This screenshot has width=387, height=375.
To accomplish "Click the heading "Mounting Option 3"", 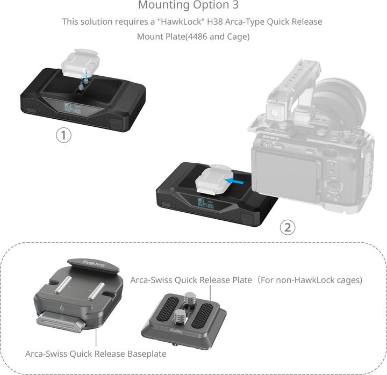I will pyautogui.click(x=189, y=5).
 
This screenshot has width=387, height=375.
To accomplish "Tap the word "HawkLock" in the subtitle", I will pyautogui.click(x=173, y=21).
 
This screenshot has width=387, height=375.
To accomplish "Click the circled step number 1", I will pyautogui.click(x=64, y=135).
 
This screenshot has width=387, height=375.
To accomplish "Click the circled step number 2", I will pyautogui.click(x=288, y=227).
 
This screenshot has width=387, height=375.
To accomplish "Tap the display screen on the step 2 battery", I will pyautogui.click(x=205, y=202).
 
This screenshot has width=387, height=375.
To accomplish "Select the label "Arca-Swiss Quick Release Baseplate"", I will pyautogui.click(x=96, y=354).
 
